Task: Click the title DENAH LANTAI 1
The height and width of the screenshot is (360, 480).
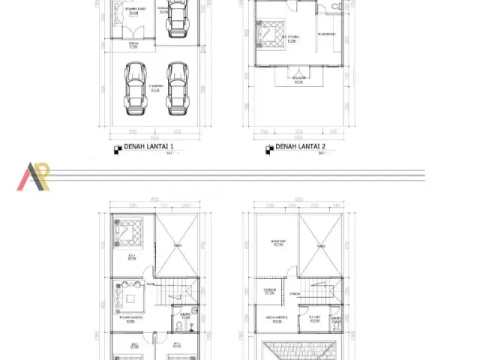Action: point(148,146)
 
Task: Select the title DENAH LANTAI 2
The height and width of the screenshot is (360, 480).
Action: point(300,146)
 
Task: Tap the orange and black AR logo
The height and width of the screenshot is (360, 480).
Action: point(34,176)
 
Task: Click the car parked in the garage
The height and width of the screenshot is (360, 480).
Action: point(177,18)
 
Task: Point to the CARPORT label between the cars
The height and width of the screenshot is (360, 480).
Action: point(155,87)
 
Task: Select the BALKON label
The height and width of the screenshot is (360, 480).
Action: point(298,81)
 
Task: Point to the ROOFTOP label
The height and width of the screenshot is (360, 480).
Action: point(278,241)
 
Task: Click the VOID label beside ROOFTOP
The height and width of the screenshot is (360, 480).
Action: point(321,246)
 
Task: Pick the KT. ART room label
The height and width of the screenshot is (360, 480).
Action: point(315,317)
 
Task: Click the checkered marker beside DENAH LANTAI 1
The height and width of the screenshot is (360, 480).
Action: point(117,148)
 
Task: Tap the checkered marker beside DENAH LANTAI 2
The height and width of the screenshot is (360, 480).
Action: point(268,148)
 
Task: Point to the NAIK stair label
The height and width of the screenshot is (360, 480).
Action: point(151,284)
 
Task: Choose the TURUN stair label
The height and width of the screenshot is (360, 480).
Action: point(295,293)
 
